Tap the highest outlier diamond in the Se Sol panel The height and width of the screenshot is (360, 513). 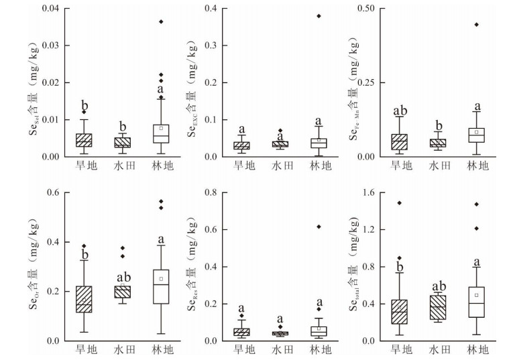click(x=161, y=22)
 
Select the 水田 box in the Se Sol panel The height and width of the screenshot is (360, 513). click(x=122, y=142)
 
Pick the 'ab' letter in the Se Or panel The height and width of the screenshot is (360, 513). click(x=122, y=278)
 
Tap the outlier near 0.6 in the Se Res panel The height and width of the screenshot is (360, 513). click(x=319, y=227)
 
